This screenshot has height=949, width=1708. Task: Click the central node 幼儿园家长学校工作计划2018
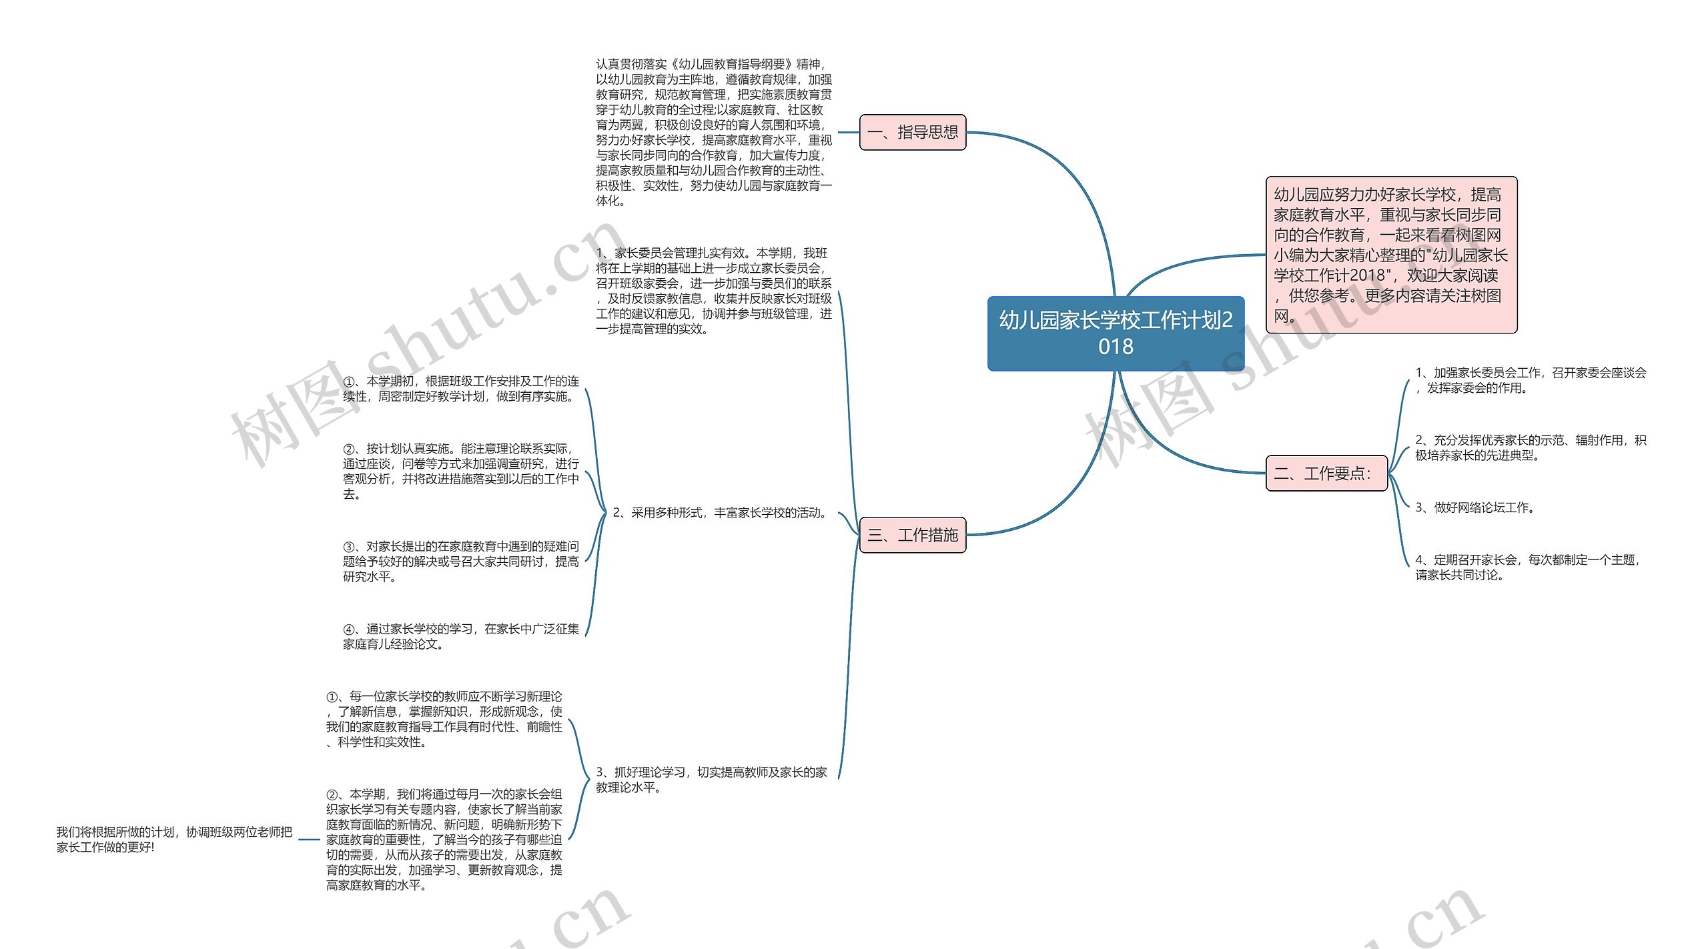[x=1116, y=333]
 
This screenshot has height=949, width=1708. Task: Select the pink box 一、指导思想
[x=913, y=132]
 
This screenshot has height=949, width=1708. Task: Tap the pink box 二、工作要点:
[x=1326, y=473]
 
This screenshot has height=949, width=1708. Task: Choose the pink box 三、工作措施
[x=913, y=535]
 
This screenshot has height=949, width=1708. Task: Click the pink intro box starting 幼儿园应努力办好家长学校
[x=1391, y=255]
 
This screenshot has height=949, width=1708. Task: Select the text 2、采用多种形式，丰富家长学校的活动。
[x=721, y=513]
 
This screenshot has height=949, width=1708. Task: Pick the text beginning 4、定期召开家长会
[x=1527, y=567]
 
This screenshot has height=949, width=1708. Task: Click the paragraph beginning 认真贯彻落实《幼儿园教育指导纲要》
[x=713, y=132]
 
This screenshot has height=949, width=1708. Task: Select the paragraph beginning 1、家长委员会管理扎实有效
[x=713, y=291]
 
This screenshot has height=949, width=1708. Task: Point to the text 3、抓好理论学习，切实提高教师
[x=711, y=780]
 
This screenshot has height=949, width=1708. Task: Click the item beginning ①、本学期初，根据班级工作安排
[x=461, y=389]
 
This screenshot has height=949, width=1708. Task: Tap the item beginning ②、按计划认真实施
[x=461, y=471]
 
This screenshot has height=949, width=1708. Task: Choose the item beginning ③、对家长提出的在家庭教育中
[x=461, y=562]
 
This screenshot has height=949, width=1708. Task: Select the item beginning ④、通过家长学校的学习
[x=461, y=636]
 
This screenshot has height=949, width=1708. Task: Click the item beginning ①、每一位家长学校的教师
[x=444, y=719]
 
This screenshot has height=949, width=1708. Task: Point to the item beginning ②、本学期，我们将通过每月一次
[x=444, y=840]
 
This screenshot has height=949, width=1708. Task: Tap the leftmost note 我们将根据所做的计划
[x=174, y=840]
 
